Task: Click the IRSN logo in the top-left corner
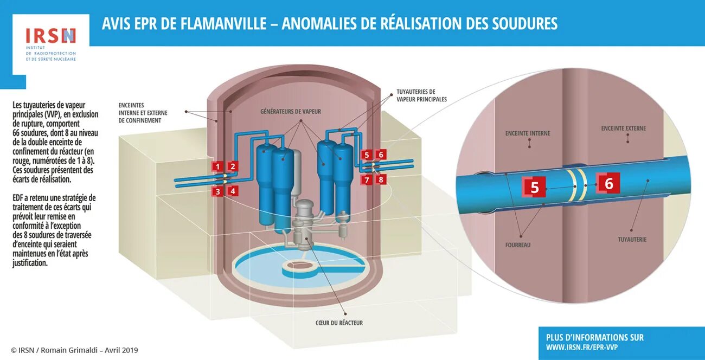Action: tap(50, 36)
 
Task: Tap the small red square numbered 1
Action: tap(217, 166)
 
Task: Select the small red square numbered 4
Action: tap(233, 191)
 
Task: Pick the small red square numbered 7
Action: tap(367, 179)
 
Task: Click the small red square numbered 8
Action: tap(381, 179)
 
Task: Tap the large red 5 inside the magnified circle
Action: tap(535, 188)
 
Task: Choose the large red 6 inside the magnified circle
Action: tap(608, 184)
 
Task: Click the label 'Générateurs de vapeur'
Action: tap(291, 112)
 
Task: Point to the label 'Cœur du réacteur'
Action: tap(339, 323)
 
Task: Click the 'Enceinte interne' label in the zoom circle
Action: tap(528, 133)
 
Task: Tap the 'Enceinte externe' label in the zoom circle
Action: tap(624, 128)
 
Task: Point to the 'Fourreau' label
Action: tap(518, 245)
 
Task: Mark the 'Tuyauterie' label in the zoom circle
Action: tap(632, 239)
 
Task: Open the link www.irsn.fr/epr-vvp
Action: tap(581, 348)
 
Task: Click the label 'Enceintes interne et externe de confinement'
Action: tap(143, 113)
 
